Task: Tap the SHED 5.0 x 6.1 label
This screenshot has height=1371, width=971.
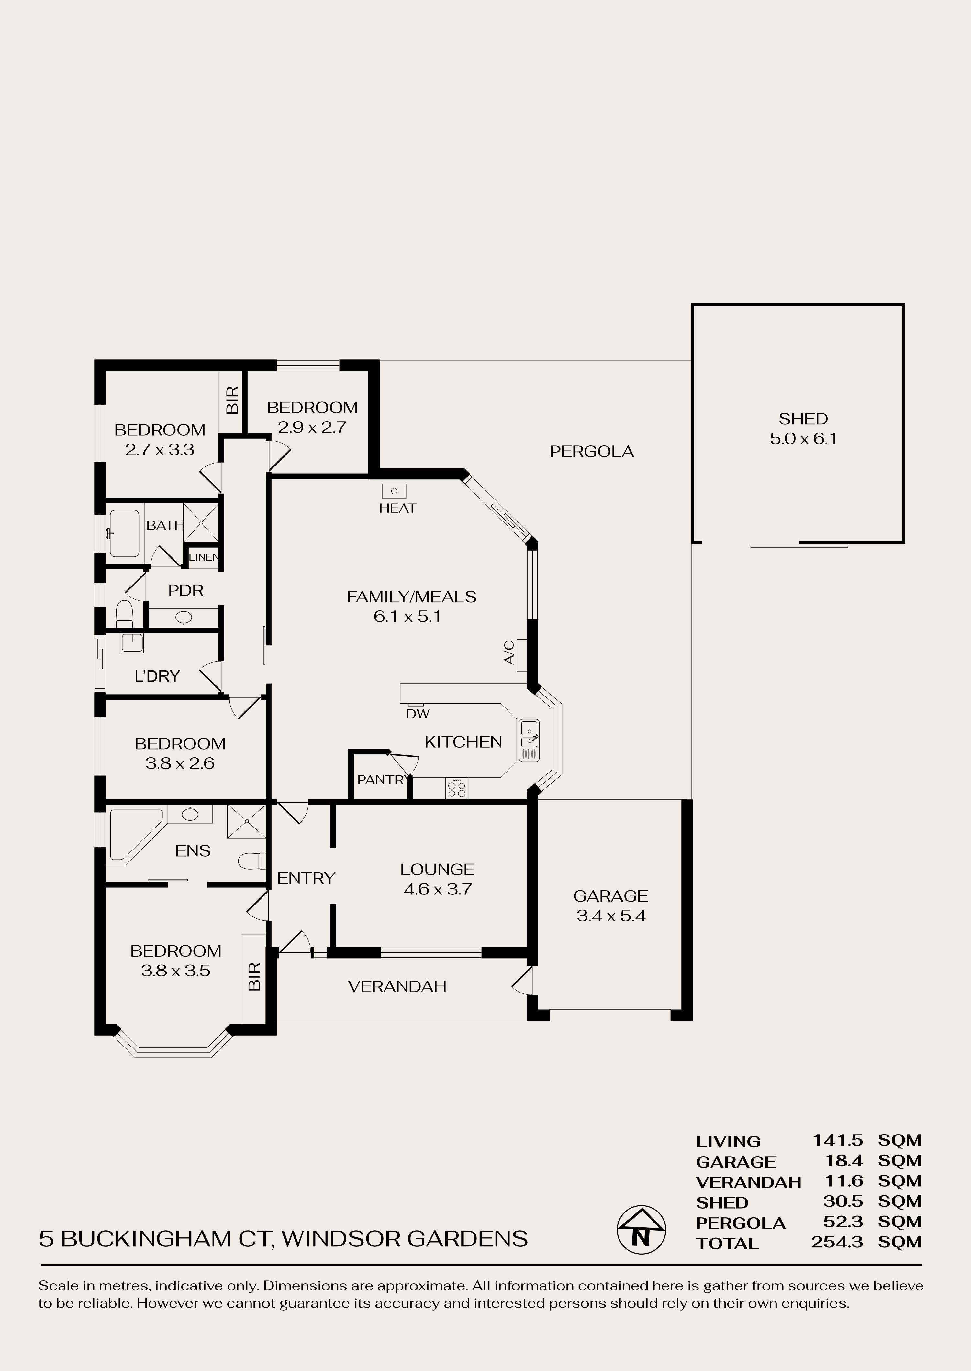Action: pos(803,429)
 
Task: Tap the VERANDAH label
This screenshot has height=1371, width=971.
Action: pos(397,986)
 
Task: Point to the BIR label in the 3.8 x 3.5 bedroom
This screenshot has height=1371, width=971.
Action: pos(254,977)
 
